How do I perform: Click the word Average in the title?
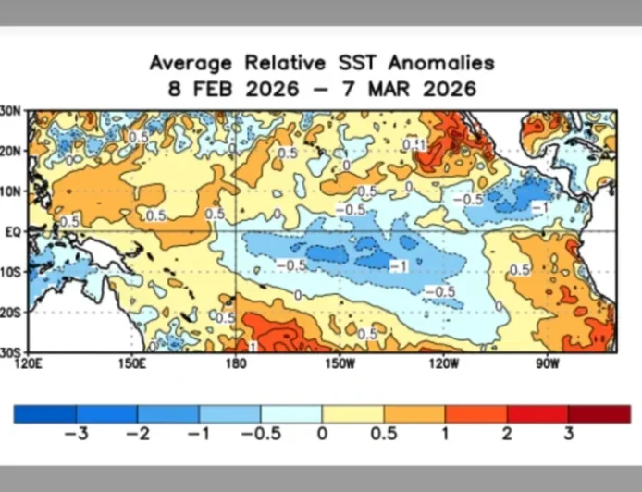191,63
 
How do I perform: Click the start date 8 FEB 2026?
233,90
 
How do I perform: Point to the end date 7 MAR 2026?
414,90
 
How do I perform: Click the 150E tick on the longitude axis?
132,362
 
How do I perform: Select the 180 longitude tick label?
236,362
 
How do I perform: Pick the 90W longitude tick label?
547,362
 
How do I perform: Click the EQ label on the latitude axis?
13,232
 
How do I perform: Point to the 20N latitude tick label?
11,151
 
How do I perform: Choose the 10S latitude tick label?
11,272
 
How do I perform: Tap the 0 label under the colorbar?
322,434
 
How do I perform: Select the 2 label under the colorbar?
507,434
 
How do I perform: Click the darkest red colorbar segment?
599,413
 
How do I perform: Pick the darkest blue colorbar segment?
44,413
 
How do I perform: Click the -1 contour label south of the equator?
400,266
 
